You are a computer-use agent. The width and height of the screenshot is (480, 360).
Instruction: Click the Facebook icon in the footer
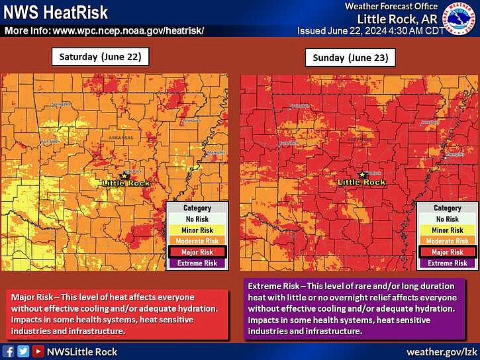tap(9, 351)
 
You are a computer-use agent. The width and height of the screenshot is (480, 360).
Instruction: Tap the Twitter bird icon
tap(23, 351)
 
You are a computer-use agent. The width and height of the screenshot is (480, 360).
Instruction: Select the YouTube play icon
tap(38, 351)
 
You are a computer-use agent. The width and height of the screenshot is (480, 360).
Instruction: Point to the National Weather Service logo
tap(462, 18)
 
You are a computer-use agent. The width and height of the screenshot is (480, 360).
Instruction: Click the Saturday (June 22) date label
tap(101, 57)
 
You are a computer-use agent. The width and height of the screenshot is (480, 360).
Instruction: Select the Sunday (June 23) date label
tap(350, 58)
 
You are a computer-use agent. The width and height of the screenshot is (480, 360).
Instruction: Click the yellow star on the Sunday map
tap(361, 175)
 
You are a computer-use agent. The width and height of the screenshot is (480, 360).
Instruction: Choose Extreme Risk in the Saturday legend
tap(197, 263)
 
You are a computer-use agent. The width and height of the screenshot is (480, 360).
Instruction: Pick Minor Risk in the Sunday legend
tap(447, 230)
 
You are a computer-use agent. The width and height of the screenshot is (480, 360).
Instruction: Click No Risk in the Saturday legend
tap(197, 219)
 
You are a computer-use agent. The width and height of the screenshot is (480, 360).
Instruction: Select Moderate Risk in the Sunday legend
tap(447, 242)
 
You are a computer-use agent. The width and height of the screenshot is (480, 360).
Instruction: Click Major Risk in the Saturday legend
tap(197, 252)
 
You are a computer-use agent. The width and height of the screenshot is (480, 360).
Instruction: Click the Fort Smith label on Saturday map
tap(50, 142)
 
